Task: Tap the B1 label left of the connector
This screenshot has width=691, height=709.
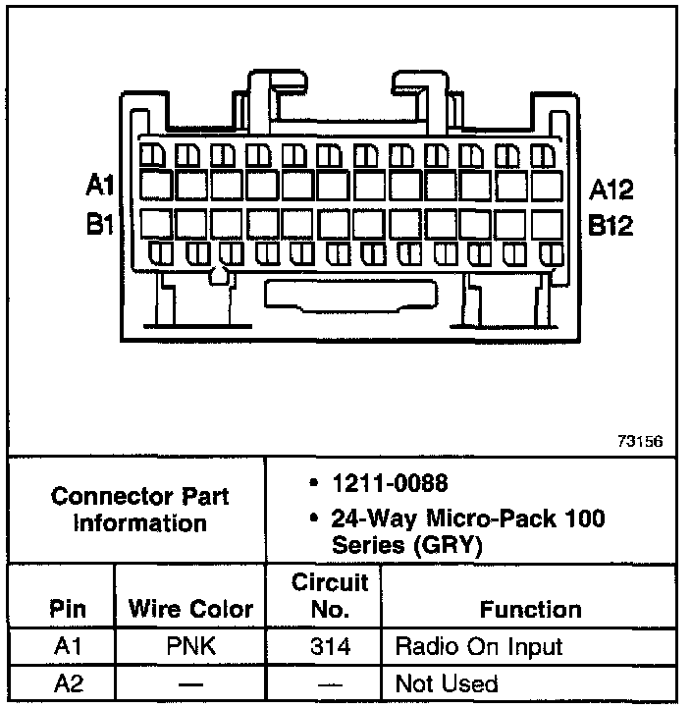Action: [101, 225]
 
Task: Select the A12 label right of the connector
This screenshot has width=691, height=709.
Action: [611, 190]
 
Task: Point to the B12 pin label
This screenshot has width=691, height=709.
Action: [611, 225]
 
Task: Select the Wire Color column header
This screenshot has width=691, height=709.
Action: [190, 609]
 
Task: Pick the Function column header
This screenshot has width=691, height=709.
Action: [530, 609]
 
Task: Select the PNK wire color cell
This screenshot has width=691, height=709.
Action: [190, 646]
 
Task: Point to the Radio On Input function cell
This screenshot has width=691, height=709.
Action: [478, 646]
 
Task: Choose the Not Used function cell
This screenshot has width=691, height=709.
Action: [446, 683]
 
